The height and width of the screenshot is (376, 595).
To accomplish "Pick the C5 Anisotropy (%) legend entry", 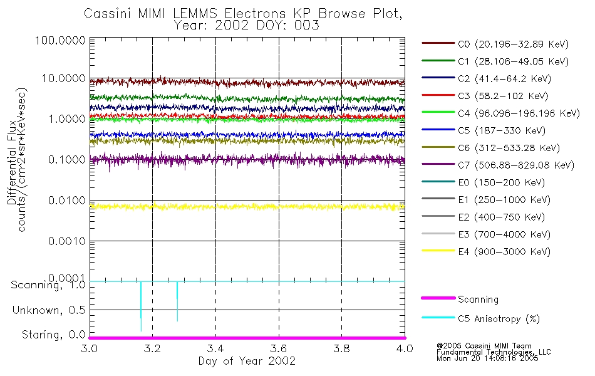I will [499, 318].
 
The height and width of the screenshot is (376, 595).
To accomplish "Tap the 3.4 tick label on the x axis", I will [215, 348].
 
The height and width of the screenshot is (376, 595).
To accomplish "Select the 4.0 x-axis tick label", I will [405, 348].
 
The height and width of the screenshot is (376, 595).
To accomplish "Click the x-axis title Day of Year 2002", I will [247, 361].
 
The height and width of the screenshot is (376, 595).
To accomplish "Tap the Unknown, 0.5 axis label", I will [46, 310].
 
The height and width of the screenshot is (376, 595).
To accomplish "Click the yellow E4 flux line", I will [251, 206].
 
